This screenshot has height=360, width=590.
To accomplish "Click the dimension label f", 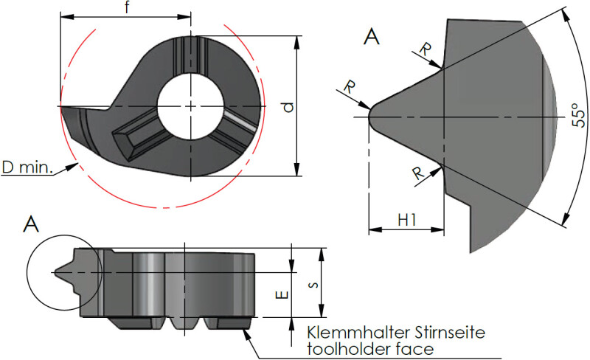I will [128, 7].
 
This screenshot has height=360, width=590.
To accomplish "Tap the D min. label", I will [27, 169].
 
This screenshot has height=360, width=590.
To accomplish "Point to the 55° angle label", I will [580, 117].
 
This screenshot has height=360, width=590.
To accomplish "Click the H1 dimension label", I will [406, 219].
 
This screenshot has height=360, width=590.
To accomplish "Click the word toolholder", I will [347, 348].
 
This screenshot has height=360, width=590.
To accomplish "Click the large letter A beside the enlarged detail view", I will [372, 37].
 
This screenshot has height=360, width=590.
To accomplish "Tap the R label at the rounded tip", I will [349, 87].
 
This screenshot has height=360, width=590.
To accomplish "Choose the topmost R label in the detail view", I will [426, 49].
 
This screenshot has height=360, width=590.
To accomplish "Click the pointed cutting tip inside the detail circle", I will [56, 271].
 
